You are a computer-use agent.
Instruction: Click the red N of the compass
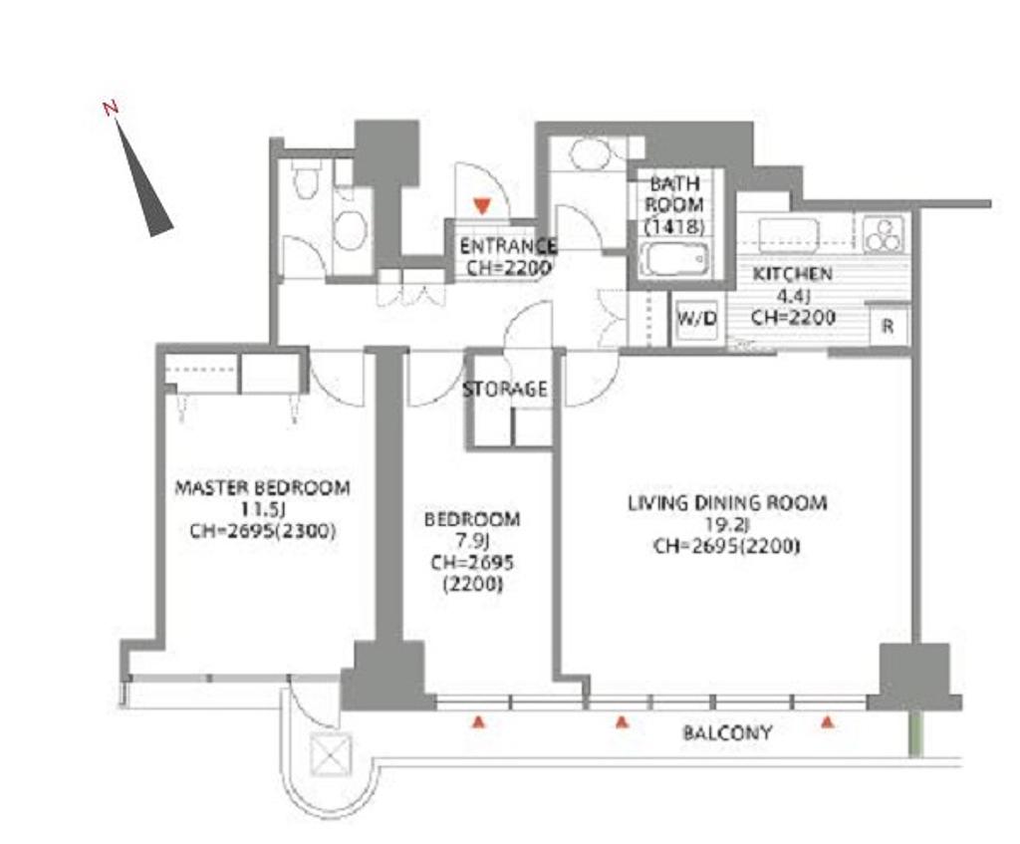tap(112, 108)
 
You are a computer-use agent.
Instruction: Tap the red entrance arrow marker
tap(481, 206)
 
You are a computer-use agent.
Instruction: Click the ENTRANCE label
tap(508, 246)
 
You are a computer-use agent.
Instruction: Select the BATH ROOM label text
tap(674, 205)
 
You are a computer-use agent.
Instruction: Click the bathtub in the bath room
tap(674, 259)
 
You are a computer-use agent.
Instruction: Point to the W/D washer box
tap(696, 320)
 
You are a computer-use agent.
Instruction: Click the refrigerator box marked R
tap(889, 326)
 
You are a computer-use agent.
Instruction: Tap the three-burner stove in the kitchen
tap(884, 234)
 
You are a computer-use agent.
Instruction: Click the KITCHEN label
tap(792, 274)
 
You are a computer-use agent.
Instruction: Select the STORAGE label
tap(505, 390)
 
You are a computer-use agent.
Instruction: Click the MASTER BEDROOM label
tap(263, 487)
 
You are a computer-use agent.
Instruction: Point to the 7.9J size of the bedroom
tap(472, 540)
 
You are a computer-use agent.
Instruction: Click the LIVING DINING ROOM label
tap(727, 503)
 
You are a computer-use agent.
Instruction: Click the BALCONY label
tap(727, 732)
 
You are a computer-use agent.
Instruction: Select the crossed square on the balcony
tap(331, 755)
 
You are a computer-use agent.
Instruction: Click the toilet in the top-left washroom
tap(305, 179)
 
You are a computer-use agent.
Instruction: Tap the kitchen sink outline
tap(789, 235)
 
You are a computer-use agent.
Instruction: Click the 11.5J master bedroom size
tap(263, 509)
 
